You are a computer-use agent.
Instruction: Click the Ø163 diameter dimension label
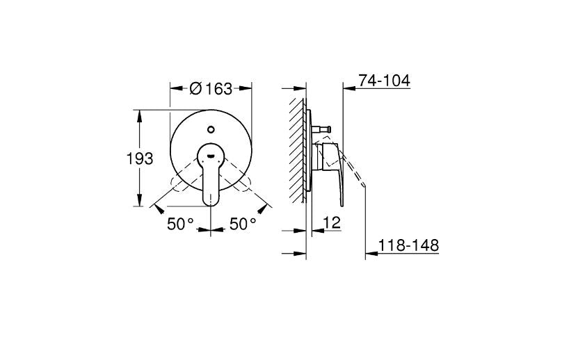[211, 88]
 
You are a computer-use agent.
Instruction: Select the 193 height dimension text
[139, 158]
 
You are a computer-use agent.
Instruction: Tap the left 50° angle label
[179, 224]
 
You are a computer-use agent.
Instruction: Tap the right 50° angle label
[243, 224]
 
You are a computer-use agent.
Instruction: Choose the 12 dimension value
[332, 224]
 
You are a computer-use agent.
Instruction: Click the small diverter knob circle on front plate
[211, 129]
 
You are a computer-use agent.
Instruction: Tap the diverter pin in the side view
[323, 128]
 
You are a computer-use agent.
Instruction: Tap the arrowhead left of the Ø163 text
[175, 88]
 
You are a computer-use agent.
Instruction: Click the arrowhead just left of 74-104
[348, 88]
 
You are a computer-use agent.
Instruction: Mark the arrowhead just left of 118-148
[371, 254]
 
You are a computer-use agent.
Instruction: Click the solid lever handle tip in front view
[211, 199]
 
